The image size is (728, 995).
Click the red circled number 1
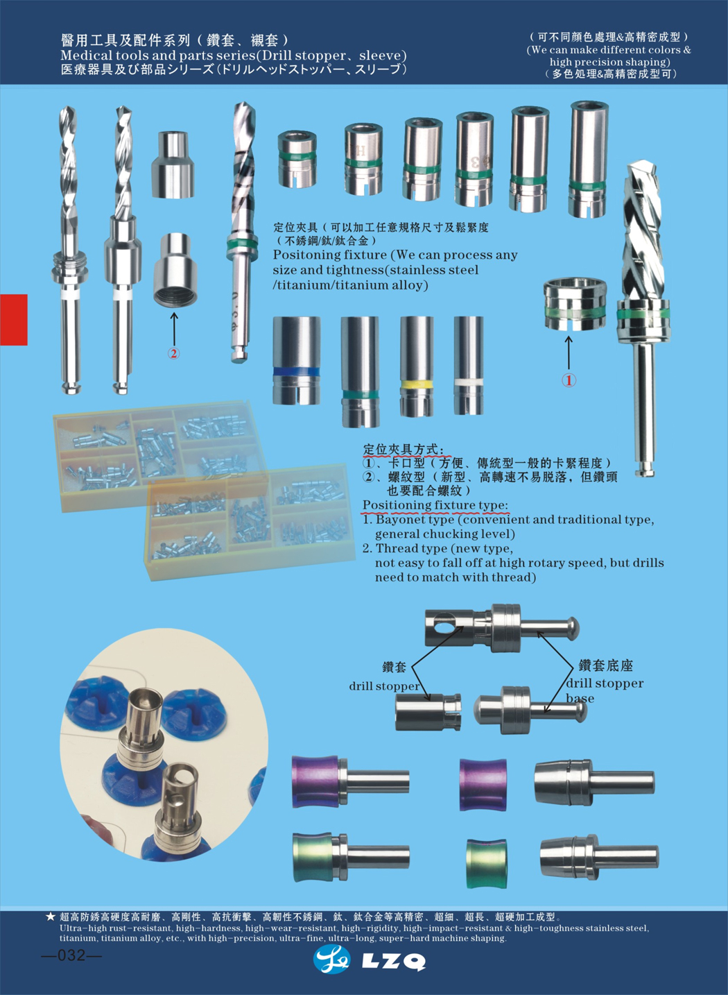[x=569, y=380]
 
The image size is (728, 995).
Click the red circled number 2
[x=173, y=353]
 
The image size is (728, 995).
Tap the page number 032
[x=71, y=955]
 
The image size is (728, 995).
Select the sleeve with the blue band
[x=297, y=360]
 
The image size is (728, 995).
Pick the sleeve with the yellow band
[x=417, y=366]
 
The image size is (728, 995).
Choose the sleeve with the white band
[x=469, y=365]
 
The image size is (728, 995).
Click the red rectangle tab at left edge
[x=14, y=319]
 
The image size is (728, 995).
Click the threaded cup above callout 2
[x=176, y=270]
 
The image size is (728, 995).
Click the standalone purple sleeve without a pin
[x=483, y=785]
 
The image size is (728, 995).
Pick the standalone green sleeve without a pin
[x=486, y=864]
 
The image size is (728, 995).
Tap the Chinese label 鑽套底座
[x=606, y=665]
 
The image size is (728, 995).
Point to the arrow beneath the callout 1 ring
[x=569, y=353]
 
